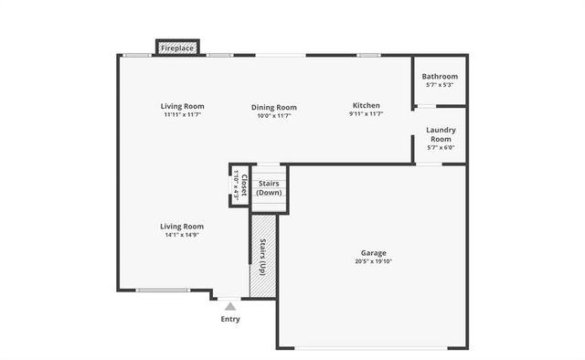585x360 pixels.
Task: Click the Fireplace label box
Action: [x=178, y=48]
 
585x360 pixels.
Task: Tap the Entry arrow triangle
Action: [x=230, y=307]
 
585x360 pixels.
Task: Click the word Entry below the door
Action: [x=230, y=319]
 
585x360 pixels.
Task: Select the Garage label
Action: [x=373, y=253]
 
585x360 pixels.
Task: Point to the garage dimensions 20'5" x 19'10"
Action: [x=373, y=262]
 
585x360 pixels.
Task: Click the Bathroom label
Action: [x=441, y=77]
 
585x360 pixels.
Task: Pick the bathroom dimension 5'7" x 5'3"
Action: [x=441, y=85]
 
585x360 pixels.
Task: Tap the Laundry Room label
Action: [x=441, y=134]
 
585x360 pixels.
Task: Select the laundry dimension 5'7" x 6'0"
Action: [x=441, y=148]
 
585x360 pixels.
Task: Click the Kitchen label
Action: [x=366, y=106]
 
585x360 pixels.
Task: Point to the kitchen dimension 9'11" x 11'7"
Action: [x=366, y=114]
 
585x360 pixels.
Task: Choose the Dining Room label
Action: [x=274, y=108]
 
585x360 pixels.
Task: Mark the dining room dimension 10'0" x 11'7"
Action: [x=274, y=116]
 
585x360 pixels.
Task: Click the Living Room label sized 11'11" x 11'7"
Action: [x=182, y=107]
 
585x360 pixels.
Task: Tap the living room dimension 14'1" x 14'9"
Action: [x=182, y=235]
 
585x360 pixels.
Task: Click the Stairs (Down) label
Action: [x=270, y=187]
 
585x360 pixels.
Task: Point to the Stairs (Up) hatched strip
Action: [x=262, y=257]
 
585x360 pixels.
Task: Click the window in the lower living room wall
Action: [x=164, y=291]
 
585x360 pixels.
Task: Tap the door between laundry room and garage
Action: [x=429, y=164]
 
